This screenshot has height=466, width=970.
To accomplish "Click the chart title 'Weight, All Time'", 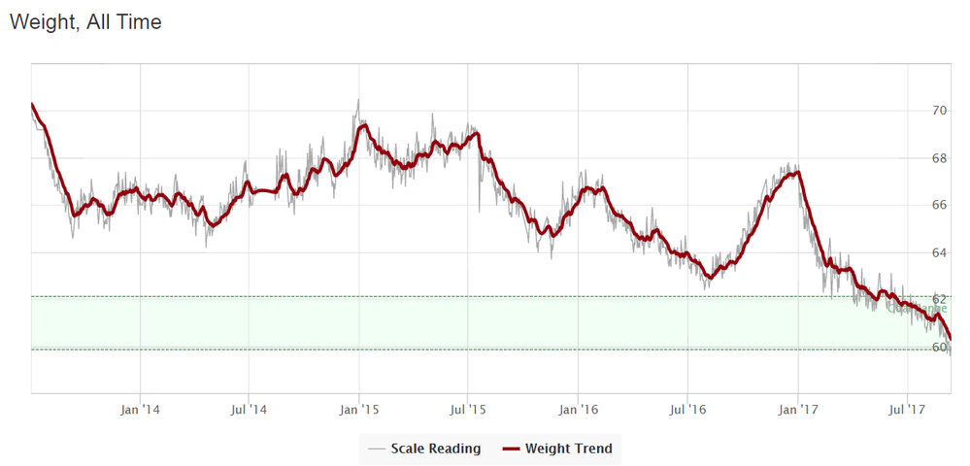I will (x=85, y=21).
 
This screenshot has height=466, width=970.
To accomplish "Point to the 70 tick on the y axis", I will (x=939, y=111).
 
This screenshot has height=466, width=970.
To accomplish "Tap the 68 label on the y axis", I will (x=939, y=158).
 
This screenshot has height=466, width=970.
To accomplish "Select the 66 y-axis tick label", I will (x=939, y=206).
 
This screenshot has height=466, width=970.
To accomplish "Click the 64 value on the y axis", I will (x=939, y=252).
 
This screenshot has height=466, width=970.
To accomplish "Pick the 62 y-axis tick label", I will (x=939, y=299).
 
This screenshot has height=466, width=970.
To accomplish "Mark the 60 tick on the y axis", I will (x=939, y=347).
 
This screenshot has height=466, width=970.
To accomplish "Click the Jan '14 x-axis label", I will (x=140, y=411).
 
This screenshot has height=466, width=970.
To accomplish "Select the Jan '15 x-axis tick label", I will (x=359, y=411).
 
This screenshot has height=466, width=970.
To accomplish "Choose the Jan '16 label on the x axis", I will (x=578, y=411).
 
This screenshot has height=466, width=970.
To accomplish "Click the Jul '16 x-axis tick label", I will (x=686, y=411).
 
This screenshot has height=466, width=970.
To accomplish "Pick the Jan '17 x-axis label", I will (x=797, y=411).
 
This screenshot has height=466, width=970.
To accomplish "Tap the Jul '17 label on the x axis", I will (x=906, y=411).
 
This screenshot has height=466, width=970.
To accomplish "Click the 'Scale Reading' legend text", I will (x=435, y=449).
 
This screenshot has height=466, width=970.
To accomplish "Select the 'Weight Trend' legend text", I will (x=568, y=449).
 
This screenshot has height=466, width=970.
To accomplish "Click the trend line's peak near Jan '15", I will (x=363, y=125).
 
